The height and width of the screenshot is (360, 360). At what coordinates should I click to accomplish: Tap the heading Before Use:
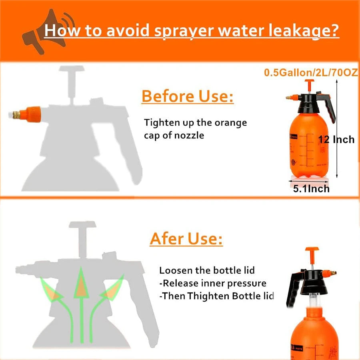(188, 97)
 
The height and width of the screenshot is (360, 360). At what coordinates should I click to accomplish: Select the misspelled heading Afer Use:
(186, 239)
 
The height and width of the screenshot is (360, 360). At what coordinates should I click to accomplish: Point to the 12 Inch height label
(336, 140)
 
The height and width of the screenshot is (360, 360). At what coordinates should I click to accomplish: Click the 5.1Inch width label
(311, 188)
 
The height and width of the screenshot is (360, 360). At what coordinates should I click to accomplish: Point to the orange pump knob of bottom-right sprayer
(312, 250)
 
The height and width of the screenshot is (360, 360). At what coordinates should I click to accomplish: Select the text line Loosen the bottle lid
(207, 271)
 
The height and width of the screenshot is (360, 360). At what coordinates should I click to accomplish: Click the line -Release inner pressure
(212, 284)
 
